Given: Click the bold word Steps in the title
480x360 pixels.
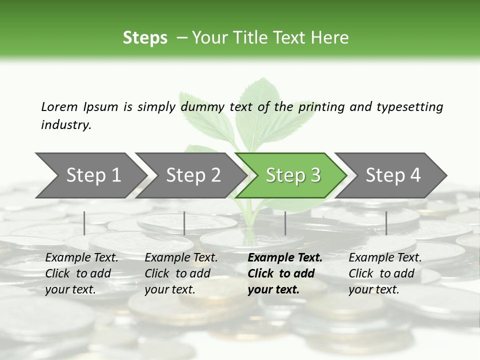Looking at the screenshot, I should click(x=145, y=38).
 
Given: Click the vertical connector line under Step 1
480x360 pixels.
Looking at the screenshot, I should click(x=84, y=223).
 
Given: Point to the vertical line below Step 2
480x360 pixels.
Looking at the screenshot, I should click(x=184, y=223).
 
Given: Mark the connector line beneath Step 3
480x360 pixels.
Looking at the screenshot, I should click(x=285, y=223).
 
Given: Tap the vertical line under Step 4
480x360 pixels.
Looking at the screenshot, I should click(x=386, y=223).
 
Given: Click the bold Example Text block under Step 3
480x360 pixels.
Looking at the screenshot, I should click(x=284, y=273).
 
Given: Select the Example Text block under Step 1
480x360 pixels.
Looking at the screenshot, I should click(x=81, y=273).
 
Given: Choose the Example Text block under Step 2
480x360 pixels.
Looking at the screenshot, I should click(x=181, y=273).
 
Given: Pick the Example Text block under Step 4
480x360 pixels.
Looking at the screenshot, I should click(x=385, y=273).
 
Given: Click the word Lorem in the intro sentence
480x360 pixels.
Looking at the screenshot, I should click(x=59, y=106).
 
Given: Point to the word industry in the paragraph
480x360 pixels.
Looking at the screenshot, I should click(x=65, y=124).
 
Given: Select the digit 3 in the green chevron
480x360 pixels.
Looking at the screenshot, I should click(x=315, y=175).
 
